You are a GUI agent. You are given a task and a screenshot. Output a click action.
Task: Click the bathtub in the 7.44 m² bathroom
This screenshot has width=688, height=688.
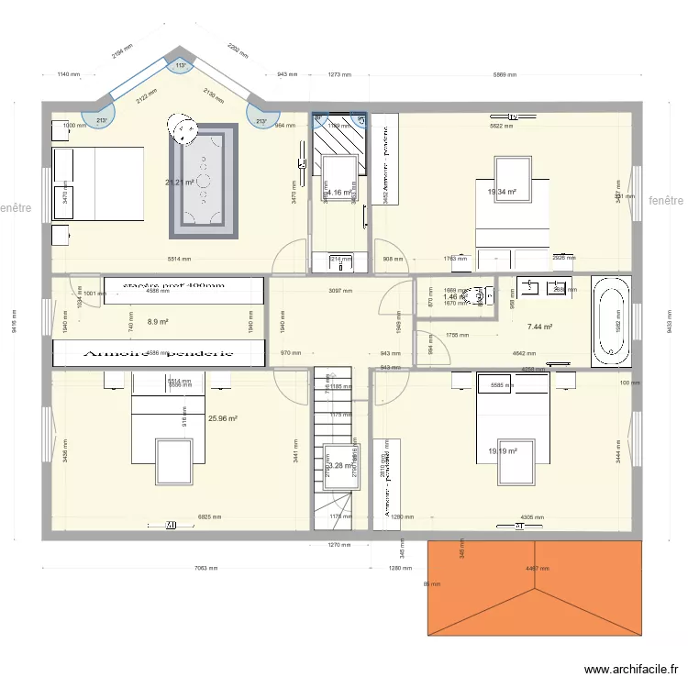(x=612, y=320)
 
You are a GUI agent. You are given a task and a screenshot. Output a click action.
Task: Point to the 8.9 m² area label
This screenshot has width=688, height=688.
(x=157, y=322)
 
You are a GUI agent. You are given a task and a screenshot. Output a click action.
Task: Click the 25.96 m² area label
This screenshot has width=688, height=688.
(x=223, y=418)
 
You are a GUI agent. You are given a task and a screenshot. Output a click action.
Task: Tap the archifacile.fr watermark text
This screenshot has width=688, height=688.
(x=634, y=670)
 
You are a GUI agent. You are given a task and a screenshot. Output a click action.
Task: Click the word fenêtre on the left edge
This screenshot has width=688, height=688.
(x=17, y=208)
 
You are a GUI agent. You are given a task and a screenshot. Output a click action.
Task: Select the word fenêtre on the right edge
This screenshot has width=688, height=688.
(x=666, y=201)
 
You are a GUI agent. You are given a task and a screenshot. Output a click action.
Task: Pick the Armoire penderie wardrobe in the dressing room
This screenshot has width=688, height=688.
(x=159, y=352)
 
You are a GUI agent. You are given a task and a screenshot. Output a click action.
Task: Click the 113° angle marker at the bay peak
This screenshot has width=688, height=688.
(x=181, y=65)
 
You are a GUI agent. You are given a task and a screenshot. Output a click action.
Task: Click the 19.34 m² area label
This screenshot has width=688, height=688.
(x=502, y=193)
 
